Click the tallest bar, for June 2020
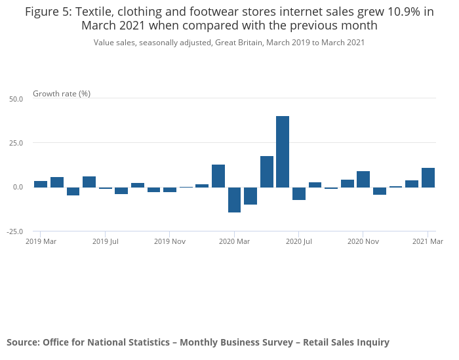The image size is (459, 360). pyautogui.click(x=283, y=151)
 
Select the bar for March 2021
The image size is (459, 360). pyautogui.click(x=428, y=178)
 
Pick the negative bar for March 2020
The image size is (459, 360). pyautogui.click(x=234, y=199)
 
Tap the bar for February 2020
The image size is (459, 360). pyautogui.click(x=218, y=176)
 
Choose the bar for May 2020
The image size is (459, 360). pyautogui.click(x=267, y=171)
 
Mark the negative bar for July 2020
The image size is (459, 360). pyautogui.click(x=299, y=193)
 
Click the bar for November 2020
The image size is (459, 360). pyautogui.click(x=363, y=179)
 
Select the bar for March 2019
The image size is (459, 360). pyautogui.click(x=41, y=184)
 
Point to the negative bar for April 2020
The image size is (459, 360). pyautogui.click(x=250, y=195)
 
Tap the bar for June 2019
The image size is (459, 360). pyautogui.click(x=89, y=182)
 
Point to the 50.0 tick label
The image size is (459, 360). pyautogui.click(x=16, y=99)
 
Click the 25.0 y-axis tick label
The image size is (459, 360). pyautogui.click(x=16, y=143)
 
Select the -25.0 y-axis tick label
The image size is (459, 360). pyautogui.click(x=15, y=231)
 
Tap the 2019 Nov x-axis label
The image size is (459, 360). pyautogui.click(x=170, y=242)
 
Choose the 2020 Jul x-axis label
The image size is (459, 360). pyautogui.click(x=299, y=242)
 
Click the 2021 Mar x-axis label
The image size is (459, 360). pyautogui.click(x=428, y=242)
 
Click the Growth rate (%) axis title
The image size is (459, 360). pyautogui.click(x=62, y=94)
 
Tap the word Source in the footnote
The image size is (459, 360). pyautogui.click(x=22, y=342)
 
